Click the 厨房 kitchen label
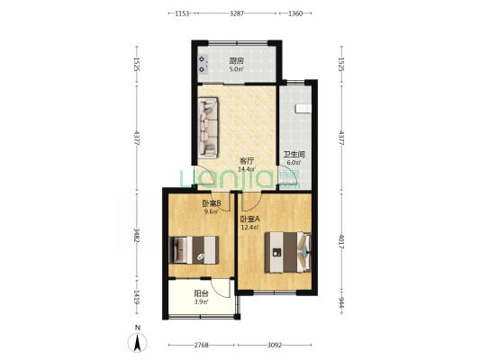coord(235,61)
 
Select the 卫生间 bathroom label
coord(294,155)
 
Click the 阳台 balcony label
coord(202,293)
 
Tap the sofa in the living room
coord(208,126)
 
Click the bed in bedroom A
coord(287,249)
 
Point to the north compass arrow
coord(136,341)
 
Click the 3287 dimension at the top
coord(236,13)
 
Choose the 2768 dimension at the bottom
coord(201,345)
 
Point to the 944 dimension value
coord(341,304)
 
